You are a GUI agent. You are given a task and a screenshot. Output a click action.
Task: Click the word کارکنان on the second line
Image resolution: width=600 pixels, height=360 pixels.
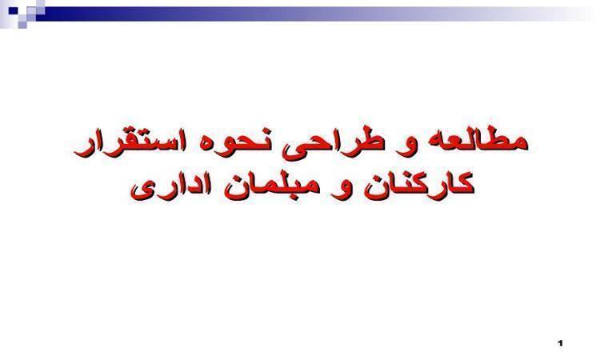419,185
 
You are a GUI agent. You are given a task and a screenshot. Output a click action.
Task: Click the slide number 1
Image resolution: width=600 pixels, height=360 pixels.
561,343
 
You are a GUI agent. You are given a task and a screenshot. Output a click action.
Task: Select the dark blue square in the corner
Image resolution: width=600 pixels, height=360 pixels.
13,10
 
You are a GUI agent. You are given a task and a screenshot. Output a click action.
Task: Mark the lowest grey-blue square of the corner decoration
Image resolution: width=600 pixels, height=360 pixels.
22,25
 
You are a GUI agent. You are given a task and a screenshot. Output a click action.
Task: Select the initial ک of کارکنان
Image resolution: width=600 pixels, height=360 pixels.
459,185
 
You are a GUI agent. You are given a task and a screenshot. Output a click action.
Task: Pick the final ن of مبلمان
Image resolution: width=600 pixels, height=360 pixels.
234,189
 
